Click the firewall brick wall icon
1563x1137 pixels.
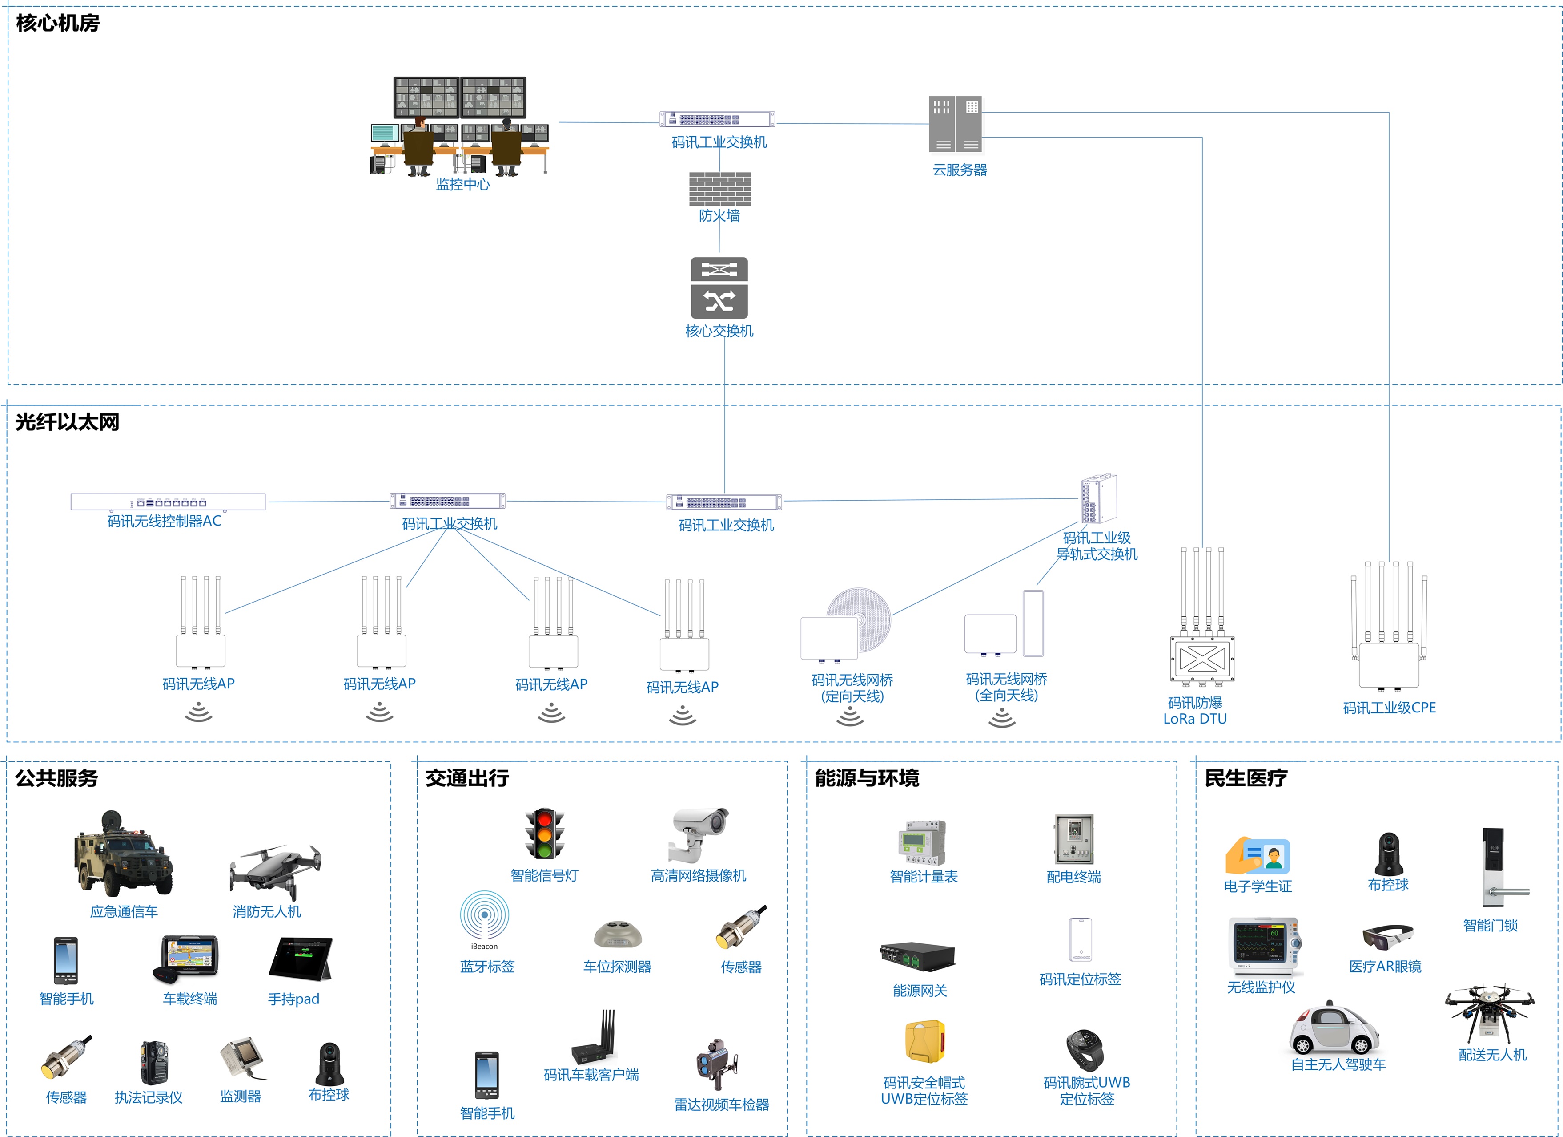click(719, 188)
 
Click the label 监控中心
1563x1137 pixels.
click(462, 184)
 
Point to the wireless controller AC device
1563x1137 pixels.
click(168, 502)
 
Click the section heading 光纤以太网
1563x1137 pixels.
click(67, 422)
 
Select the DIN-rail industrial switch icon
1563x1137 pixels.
click(1098, 498)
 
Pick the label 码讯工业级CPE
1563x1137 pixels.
click(1389, 708)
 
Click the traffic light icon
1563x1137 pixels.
click(544, 834)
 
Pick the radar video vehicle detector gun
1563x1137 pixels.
click(717, 1062)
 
